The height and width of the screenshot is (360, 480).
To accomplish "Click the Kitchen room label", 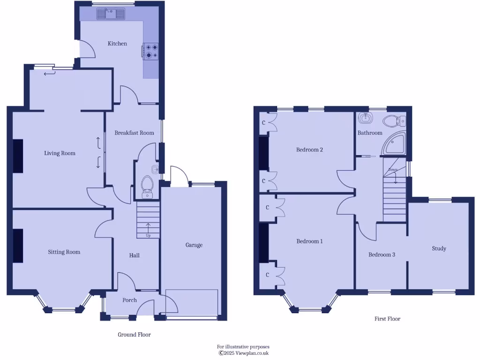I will click(117, 44).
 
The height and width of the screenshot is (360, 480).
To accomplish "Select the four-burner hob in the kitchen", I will click(151, 51).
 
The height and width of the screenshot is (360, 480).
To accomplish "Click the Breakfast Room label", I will click(134, 133).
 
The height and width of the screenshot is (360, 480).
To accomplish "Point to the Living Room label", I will click(60, 153).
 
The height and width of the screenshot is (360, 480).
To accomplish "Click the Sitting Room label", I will click(64, 252).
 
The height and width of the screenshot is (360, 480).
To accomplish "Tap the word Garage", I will click(194, 245).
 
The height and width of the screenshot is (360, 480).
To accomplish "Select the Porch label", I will click(129, 300).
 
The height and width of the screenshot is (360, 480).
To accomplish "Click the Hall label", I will click(135, 255).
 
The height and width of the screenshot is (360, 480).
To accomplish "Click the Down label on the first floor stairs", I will click(393, 170).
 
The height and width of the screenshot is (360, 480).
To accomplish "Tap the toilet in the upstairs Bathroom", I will click(392, 121).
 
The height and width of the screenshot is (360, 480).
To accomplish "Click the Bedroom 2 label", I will click(309, 150).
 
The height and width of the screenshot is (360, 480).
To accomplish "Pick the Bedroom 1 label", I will click(309, 241).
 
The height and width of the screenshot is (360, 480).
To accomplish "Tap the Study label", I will click(439, 248).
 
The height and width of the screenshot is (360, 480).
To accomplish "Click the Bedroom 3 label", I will click(382, 255).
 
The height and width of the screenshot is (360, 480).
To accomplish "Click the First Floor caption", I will click(387, 319).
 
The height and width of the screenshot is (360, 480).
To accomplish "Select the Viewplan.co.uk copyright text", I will click(243, 353).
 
